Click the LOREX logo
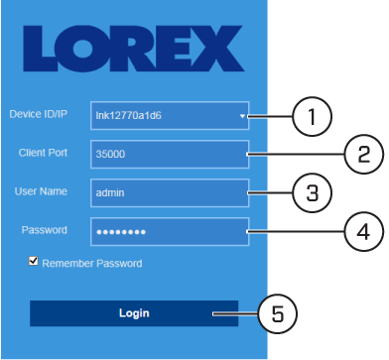click(134, 49)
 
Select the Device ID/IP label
click(39, 114)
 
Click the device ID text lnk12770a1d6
click(128, 116)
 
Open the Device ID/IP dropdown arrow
click(242, 116)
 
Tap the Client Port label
click(43, 153)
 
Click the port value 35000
click(110, 154)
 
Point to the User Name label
click(41, 191)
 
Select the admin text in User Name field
click(110, 192)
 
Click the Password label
click(45, 230)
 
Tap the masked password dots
click(121, 232)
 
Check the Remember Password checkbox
click(33, 261)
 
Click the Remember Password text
click(92, 264)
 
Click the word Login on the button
click(134, 313)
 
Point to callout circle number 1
click(312, 116)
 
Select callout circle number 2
click(364, 154)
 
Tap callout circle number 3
click(313, 192)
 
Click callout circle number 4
click(364, 231)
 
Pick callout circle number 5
click(278, 313)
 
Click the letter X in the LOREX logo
click(220, 49)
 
